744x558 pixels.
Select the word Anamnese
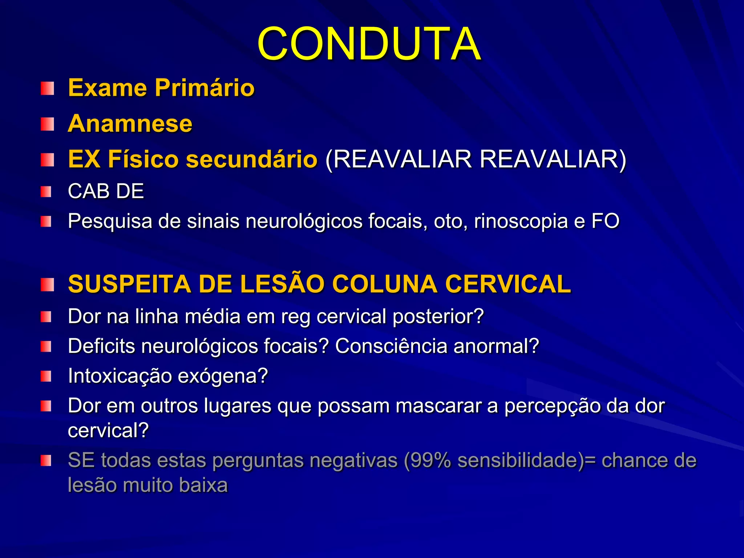coord(130,124)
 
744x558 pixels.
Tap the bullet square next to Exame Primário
coord(47,88)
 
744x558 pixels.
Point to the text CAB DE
coord(106,191)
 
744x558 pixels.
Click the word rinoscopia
coord(521,221)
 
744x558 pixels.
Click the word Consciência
coord(391,346)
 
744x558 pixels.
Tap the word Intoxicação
coord(120,376)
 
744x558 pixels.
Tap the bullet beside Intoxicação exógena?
coord(46,376)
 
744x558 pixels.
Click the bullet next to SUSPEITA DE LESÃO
coord(47,285)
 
